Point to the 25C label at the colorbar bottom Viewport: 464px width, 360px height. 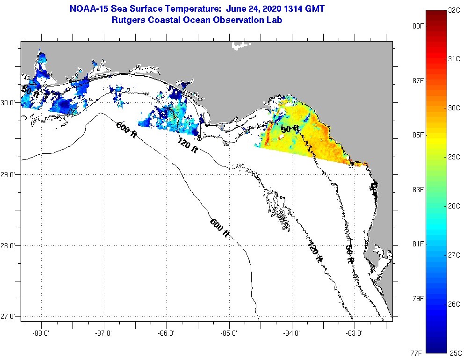(x=454, y=353)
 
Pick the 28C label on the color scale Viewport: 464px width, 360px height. (x=454, y=206)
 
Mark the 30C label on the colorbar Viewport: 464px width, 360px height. (x=454, y=108)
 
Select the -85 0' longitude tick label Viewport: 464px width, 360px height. (x=229, y=333)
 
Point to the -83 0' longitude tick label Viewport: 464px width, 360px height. (x=355, y=333)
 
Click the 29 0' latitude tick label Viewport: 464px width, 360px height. (x=9, y=175)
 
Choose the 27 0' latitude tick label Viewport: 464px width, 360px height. (x=9, y=317)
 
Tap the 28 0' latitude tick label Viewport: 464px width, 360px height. (x=9, y=245)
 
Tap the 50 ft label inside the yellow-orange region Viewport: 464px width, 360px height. (x=290, y=129)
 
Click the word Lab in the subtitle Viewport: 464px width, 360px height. (x=275, y=21)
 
